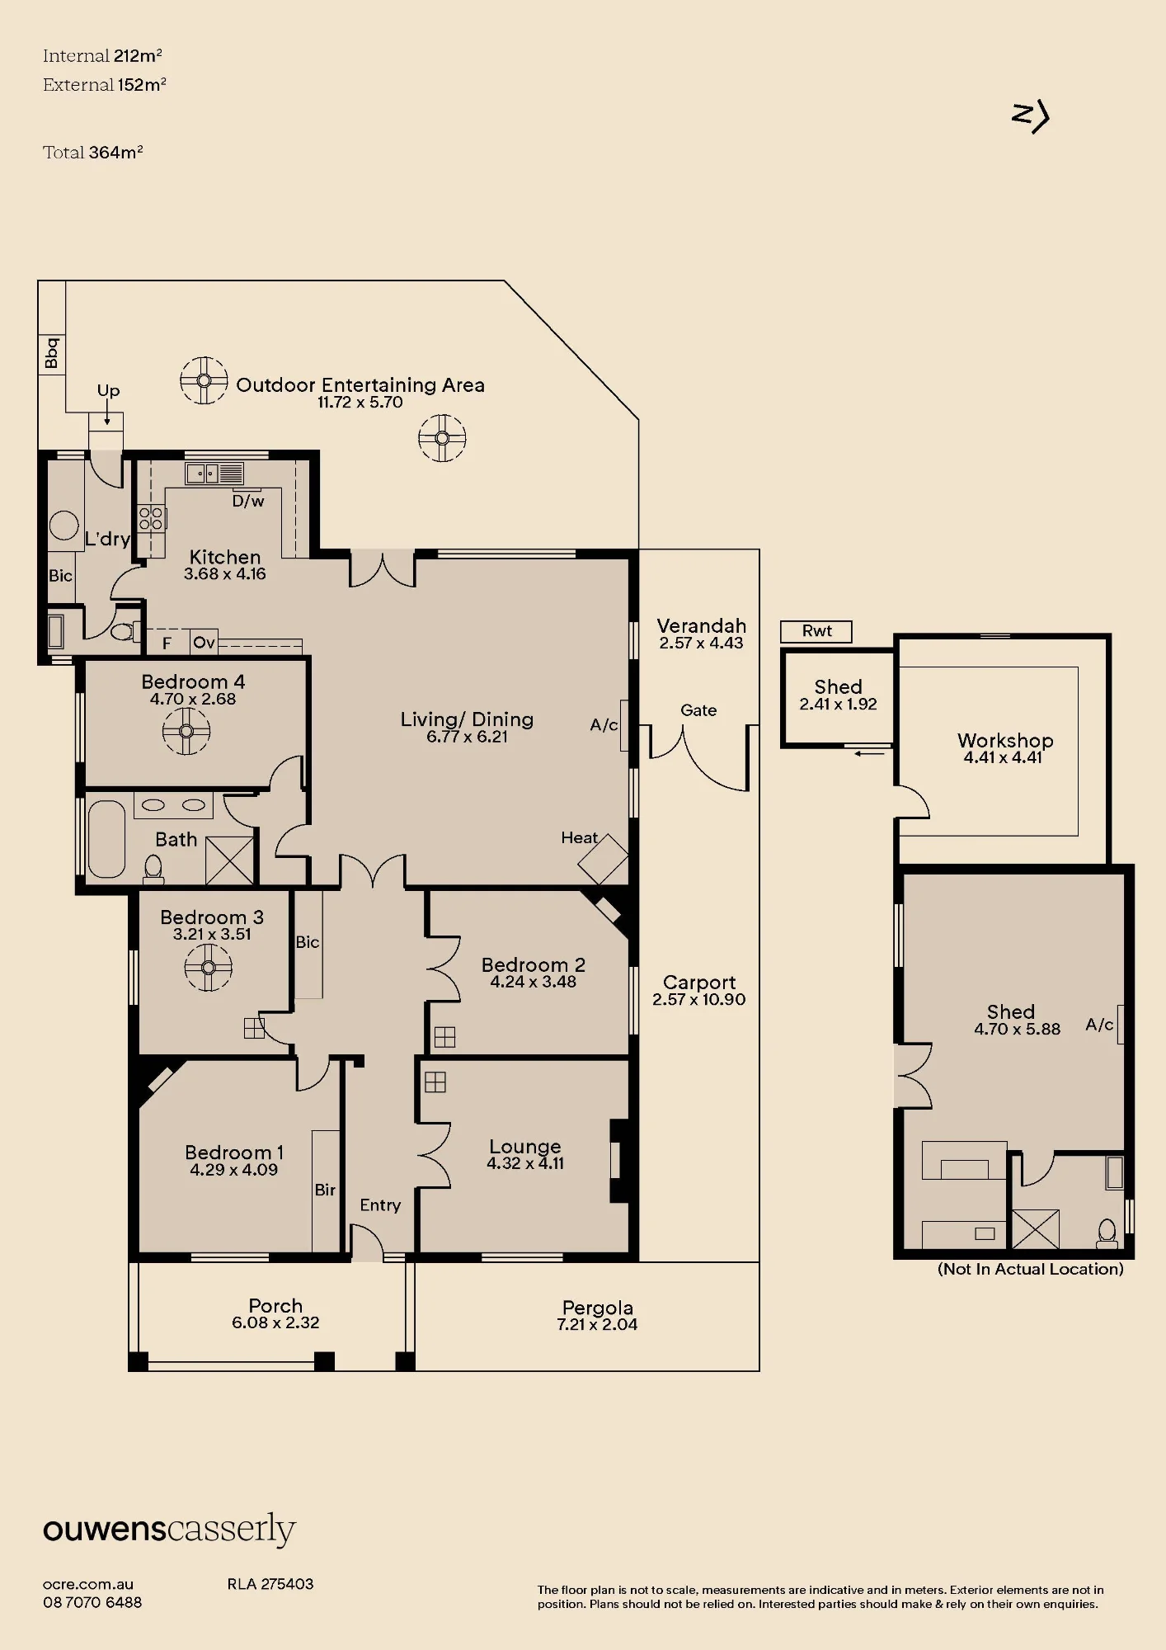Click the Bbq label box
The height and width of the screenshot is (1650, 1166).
click(x=51, y=353)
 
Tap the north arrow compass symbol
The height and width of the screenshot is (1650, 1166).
click(x=1030, y=117)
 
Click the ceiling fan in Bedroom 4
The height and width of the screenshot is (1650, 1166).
click(x=186, y=731)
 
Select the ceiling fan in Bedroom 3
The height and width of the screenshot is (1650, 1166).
click(x=208, y=967)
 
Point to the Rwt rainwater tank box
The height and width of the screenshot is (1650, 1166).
click(x=816, y=631)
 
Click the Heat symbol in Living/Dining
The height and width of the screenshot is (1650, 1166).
click(x=604, y=859)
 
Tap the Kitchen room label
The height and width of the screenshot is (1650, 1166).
click(x=225, y=557)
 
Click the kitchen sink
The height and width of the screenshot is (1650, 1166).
click(x=214, y=474)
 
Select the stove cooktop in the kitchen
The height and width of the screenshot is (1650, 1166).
click(x=151, y=518)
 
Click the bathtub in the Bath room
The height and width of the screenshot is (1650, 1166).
click(x=106, y=839)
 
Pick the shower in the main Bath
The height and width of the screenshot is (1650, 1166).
click(x=229, y=860)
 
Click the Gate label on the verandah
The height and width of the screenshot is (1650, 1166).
click(x=698, y=710)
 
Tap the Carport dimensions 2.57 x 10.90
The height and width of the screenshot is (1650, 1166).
click(x=699, y=1000)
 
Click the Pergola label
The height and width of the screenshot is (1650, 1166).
click(x=598, y=1308)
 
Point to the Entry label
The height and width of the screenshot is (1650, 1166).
click(x=380, y=1205)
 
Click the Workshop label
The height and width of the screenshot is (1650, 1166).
click(x=1005, y=740)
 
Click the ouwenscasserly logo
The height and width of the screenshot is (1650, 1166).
click(x=169, y=1530)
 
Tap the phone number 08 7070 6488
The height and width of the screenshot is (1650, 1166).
click(x=92, y=1603)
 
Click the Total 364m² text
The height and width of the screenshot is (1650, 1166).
click(x=93, y=152)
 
